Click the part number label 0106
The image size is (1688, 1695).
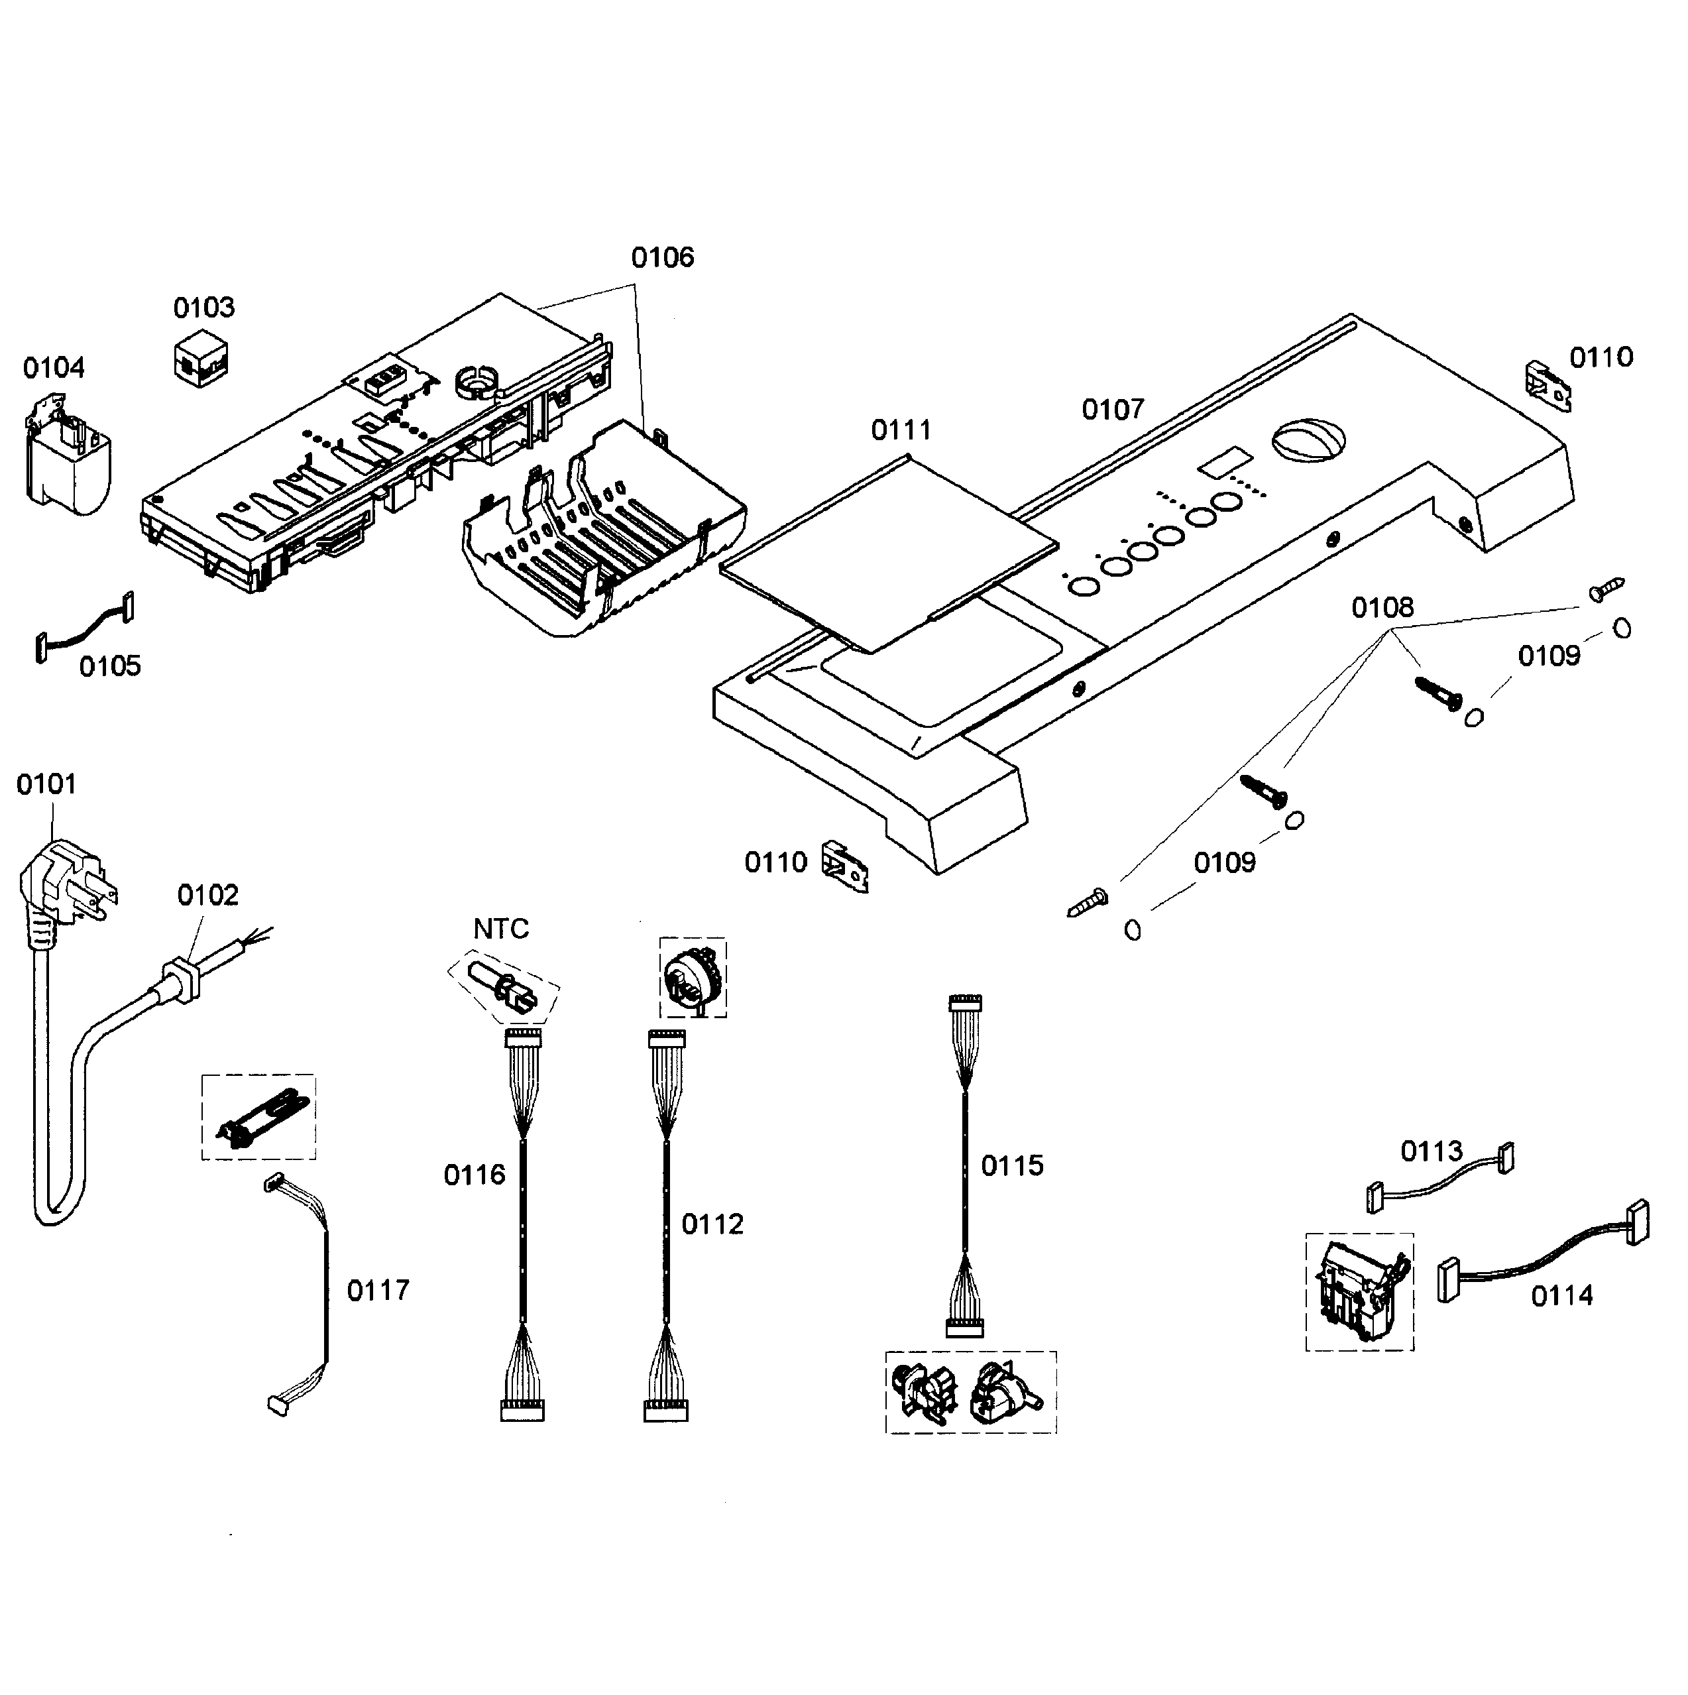pyautogui.click(x=662, y=257)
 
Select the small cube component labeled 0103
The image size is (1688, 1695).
pyautogui.click(x=201, y=358)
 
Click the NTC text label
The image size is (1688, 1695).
pyautogui.click(x=501, y=928)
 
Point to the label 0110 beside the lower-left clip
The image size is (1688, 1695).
pyautogui.click(x=775, y=862)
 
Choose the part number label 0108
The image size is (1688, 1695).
pyautogui.click(x=1382, y=607)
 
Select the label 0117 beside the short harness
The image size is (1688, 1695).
pyautogui.click(x=378, y=1291)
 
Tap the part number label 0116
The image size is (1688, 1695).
pyautogui.click(x=475, y=1175)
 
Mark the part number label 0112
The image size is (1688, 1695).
pyautogui.click(x=712, y=1224)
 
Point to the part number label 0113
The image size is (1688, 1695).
pyautogui.click(x=1432, y=1151)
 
